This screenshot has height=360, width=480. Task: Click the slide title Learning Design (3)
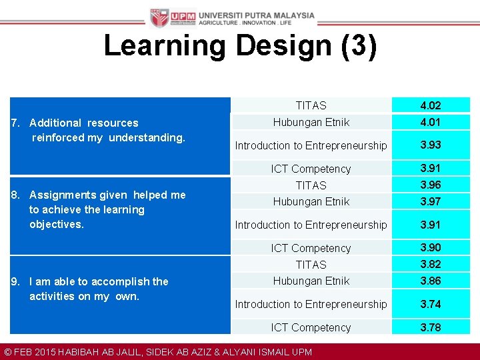(240, 46)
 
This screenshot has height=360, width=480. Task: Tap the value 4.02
(431, 105)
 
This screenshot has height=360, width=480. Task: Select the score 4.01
(431, 122)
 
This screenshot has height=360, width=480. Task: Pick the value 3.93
(431, 145)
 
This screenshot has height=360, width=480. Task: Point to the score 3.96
(431, 185)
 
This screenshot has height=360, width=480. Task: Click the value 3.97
(431, 201)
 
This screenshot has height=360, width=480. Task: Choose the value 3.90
(431, 247)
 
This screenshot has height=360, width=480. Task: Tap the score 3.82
(431, 264)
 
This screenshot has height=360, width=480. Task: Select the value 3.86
(431, 281)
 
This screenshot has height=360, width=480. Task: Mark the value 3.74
(431, 304)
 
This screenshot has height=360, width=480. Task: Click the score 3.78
(431, 327)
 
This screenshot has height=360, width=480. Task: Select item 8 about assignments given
(99, 209)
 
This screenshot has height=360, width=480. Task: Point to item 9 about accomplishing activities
(91, 289)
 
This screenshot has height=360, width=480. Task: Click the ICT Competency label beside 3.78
(311, 327)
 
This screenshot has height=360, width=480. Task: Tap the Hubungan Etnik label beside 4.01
(311, 122)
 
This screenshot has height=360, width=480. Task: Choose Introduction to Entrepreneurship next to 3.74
(311, 304)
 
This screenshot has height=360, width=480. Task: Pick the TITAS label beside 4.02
(311, 105)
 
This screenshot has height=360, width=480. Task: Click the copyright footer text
(157, 352)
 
